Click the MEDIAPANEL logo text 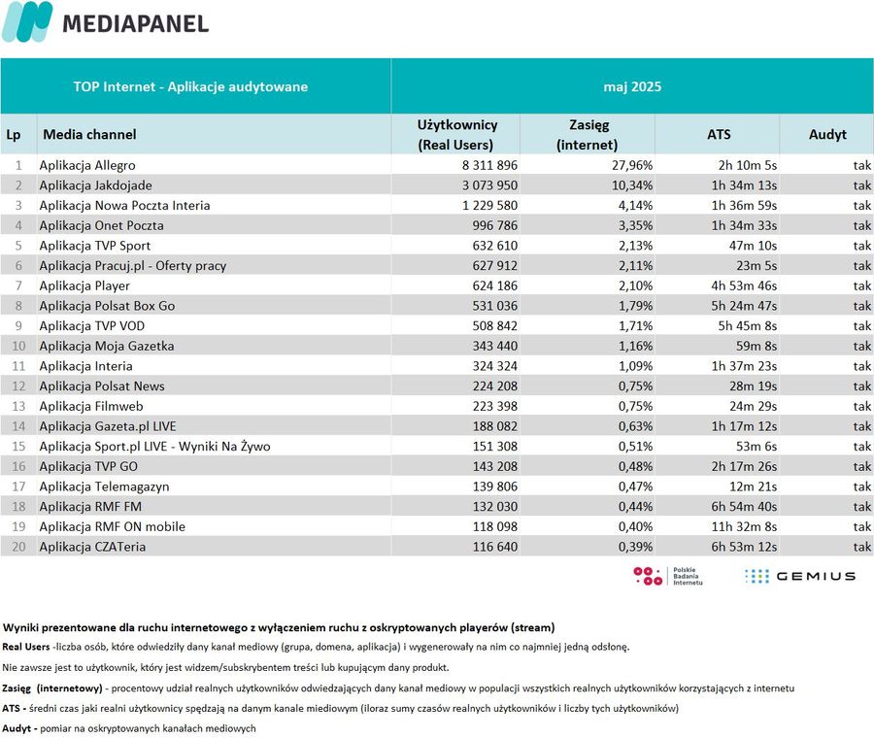tap(135, 23)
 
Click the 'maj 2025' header tap(632, 86)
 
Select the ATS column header tap(719, 134)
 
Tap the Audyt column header tap(827, 134)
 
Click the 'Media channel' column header tap(89, 134)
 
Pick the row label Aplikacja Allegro tap(87, 165)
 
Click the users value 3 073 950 tap(489, 185)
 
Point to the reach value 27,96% tap(632, 165)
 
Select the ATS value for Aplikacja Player tap(744, 285)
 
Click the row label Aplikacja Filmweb tap(91, 406)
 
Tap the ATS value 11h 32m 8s tap(744, 526)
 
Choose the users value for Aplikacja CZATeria tap(495, 547)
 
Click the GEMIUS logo tap(800, 577)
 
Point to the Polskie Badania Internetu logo tap(668, 577)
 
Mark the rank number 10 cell tap(19, 346)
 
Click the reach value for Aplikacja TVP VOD tap(635, 326)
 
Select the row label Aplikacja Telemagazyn tap(104, 486)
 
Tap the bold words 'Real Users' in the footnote tap(25, 647)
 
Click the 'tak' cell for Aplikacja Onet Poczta tap(861, 225)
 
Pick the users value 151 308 tap(495, 447)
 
